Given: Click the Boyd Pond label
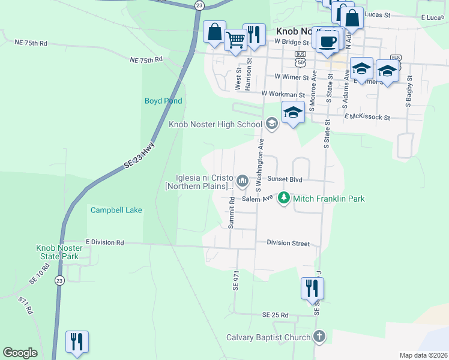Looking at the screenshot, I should (x=163, y=101).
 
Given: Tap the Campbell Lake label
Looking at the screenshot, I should (x=116, y=210).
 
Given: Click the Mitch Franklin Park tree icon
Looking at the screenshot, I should (x=283, y=198).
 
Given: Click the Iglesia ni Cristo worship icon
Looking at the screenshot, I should (x=243, y=180).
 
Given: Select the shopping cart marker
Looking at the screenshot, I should (x=235, y=40).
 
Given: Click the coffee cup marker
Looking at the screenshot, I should (x=327, y=41).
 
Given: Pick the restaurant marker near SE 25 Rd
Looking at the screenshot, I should (x=312, y=288).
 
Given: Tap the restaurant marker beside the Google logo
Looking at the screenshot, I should (x=77, y=342).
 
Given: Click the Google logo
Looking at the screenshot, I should (x=20, y=353).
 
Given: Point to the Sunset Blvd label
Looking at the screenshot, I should (x=284, y=179).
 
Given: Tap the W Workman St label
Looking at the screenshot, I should (x=283, y=94).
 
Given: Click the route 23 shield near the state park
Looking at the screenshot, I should (x=59, y=280).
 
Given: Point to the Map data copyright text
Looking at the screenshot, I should (x=423, y=355).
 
